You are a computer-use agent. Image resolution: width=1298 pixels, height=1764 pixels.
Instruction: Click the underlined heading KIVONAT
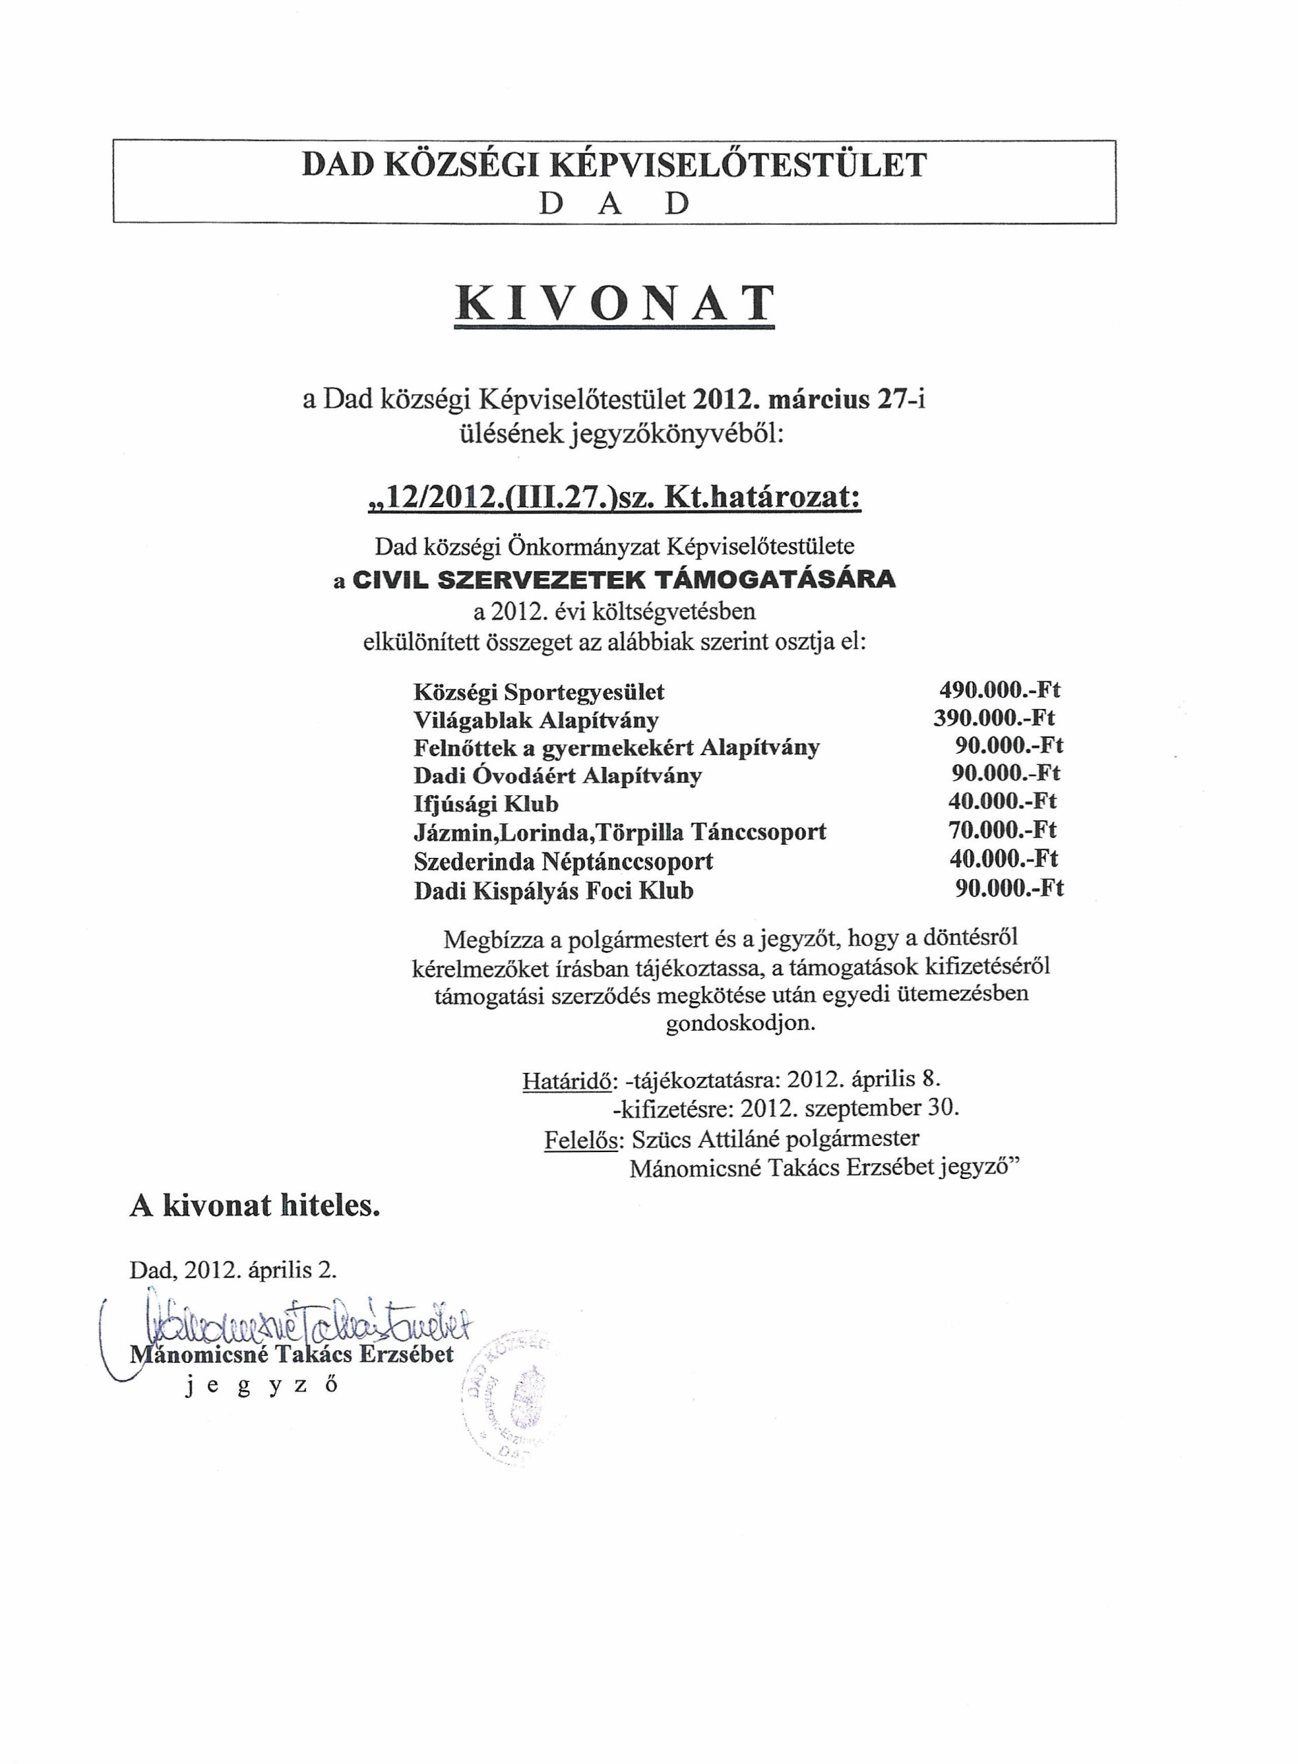click(x=615, y=304)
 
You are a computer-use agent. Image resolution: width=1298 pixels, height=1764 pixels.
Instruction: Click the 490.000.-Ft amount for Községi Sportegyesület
click(x=1000, y=690)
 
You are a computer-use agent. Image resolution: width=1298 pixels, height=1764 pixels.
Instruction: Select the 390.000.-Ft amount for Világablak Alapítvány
click(x=994, y=718)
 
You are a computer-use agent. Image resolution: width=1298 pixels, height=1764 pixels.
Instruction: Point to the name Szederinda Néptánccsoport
click(x=564, y=862)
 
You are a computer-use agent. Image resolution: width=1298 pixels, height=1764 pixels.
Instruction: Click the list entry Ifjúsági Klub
click(x=486, y=804)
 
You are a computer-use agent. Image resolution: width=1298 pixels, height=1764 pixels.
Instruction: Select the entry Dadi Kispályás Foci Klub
click(x=554, y=890)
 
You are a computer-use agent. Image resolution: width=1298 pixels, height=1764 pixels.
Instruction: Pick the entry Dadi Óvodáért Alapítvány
click(x=558, y=775)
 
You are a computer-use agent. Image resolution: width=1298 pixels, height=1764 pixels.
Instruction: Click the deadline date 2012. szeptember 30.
click(x=849, y=1108)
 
